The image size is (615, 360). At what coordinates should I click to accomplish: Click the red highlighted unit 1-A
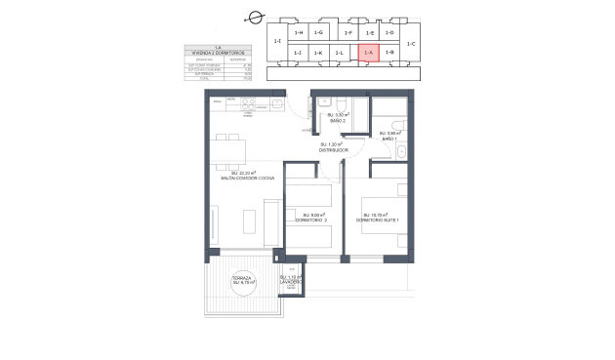pyautogui.click(x=368, y=52)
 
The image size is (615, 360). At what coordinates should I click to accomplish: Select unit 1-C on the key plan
pyautogui.click(x=411, y=44)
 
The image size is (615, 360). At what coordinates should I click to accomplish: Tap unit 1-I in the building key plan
pyautogui.click(x=277, y=41)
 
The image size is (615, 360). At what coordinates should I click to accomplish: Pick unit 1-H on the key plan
pyautogui.click(x=299, y=33)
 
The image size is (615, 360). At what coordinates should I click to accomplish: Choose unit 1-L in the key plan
pyautogui.click(x=339, y=52)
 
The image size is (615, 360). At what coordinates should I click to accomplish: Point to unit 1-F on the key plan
pyautogui.click(x=348, y=33)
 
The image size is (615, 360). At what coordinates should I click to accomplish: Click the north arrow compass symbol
pyautogui.click(x=256, y=17)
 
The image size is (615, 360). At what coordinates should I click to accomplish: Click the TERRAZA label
pyautogui.click(x=242, y=278)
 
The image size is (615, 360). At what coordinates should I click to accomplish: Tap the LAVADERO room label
pyautogui.click(x=291, y=281)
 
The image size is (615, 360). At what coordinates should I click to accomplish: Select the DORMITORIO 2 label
pyautogui.click(x=312, y=220)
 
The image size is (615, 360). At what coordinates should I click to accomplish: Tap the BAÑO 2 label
pyautogui.click(x=338, y=120)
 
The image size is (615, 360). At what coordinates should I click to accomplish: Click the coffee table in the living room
pyautogui.click(x=250, y=220)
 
